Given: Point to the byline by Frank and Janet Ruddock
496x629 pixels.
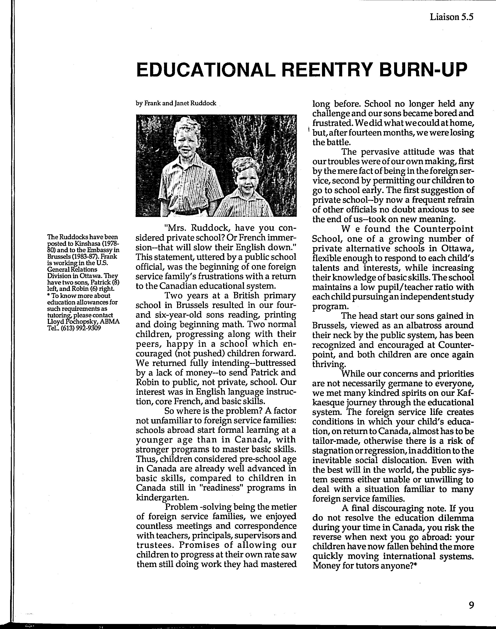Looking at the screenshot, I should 176,103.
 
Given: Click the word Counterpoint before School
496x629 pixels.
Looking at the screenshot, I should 444,229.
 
